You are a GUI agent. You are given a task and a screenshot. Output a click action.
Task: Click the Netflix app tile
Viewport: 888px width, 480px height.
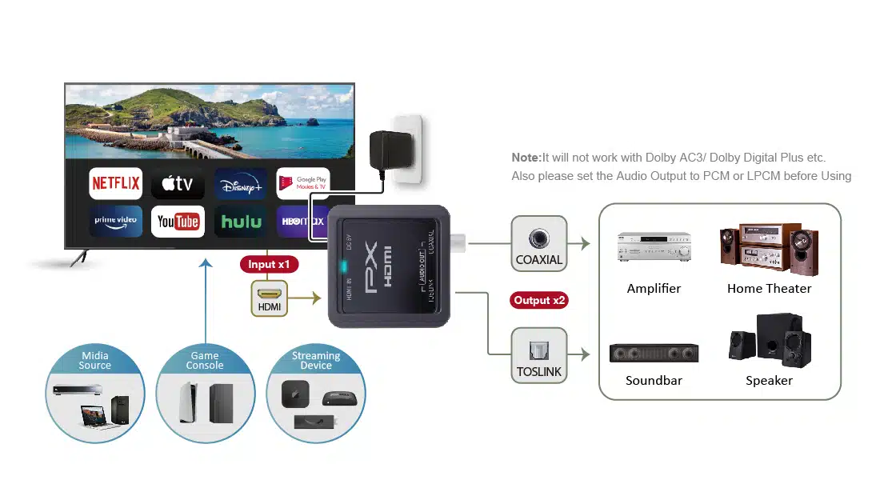coord(116,183)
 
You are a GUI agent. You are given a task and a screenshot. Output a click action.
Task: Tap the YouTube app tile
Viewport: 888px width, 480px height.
coord(178,222)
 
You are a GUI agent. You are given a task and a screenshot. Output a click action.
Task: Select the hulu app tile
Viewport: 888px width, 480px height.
coord(241,222)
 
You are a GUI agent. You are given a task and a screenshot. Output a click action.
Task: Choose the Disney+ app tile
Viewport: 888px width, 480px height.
coord(241,183)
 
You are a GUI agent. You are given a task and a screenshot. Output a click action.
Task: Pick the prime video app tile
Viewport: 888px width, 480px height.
coord(116,222)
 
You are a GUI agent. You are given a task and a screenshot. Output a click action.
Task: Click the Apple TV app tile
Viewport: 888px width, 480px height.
coord(178,184)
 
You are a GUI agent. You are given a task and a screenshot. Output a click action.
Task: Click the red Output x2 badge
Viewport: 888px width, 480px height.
coord(540,301)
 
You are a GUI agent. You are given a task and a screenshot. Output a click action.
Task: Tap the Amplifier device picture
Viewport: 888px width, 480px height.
coord(654,247)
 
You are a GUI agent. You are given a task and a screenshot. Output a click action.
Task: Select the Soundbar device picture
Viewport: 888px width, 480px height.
coord(654,353)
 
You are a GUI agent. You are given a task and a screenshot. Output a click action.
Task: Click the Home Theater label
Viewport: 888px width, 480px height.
coord(769,289)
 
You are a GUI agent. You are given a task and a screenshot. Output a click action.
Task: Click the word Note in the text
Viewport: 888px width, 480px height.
coord(526,158)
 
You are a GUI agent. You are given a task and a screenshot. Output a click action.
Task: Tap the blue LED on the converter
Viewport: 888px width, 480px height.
coord(343,267)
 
